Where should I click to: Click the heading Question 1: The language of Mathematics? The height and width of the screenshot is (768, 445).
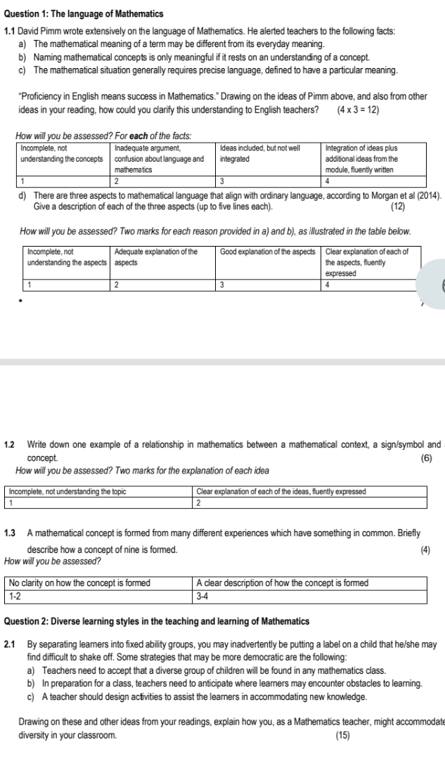coord(84,13)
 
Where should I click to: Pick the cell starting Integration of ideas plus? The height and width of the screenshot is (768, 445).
coord(361,159)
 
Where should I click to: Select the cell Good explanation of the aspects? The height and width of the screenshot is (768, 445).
coord(266,251)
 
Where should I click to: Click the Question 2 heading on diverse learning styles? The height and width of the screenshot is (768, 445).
coord(157,622)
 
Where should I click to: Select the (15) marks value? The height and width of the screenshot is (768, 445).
coord(343,735)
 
